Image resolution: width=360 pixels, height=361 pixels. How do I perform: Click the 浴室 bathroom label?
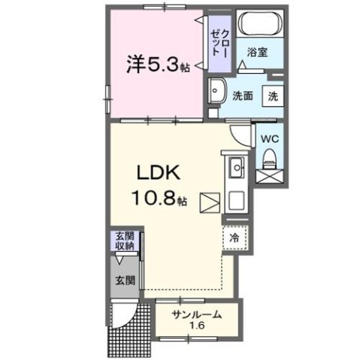point(258,53)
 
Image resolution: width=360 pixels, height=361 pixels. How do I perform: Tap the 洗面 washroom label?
point(242,96)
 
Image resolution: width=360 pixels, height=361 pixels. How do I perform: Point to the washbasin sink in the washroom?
point(217,91)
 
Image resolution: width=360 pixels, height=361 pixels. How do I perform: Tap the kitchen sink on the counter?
point(234,166)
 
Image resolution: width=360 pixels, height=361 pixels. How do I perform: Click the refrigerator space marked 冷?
point(234,237)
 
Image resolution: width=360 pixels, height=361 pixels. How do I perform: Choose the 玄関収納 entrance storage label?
point(124,241)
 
